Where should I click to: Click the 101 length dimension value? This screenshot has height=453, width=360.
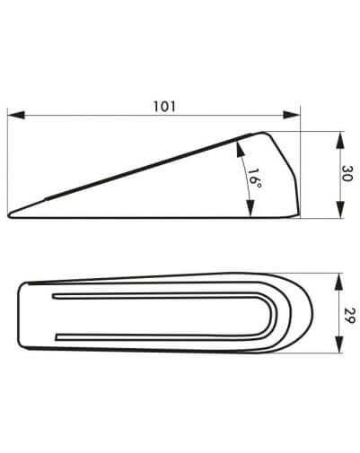click(164, 107)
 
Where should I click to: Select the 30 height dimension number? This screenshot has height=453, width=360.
click(347, 173)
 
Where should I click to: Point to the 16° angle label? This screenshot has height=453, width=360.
click(254, 179)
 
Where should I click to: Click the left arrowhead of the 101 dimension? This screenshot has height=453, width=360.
click(16, 115)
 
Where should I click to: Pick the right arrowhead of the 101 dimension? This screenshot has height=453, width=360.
click(291, 115)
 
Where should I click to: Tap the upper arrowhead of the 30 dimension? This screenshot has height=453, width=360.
click(340, 140)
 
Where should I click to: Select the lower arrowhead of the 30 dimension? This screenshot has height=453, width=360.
click(340, 210)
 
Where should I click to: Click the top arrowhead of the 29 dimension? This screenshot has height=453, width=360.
click(338, 282)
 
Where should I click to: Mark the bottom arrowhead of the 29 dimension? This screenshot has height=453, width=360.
click(338, 344)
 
